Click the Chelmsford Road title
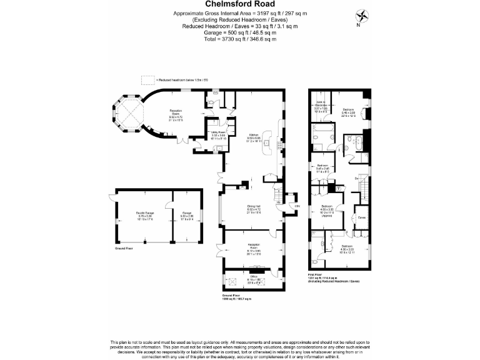click(239, 4)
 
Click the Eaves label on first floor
click(361, 217)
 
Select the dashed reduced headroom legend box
click(147, 79)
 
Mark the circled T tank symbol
click(338, 188)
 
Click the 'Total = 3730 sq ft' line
click(239, 39)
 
